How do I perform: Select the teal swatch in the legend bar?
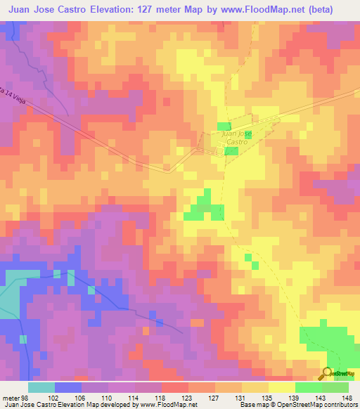pos(41,387)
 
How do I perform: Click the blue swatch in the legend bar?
pos(68,387)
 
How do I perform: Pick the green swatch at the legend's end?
pos(335,387)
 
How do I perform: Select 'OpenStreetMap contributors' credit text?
pos(316,404)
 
